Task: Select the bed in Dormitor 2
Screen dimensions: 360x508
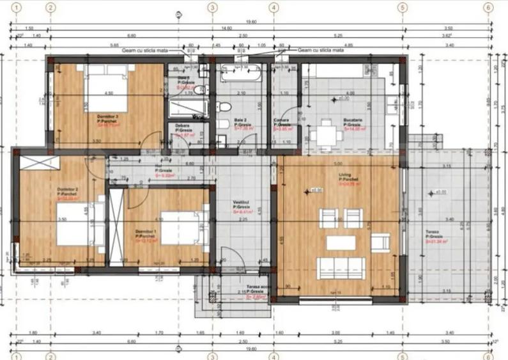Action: pos(79,224)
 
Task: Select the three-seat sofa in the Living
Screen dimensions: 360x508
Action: pos(342,267)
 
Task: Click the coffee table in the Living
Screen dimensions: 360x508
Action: pos(341,242)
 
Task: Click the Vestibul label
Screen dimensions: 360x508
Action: pos(241,203)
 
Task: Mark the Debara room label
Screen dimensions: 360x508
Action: pos(183,125)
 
